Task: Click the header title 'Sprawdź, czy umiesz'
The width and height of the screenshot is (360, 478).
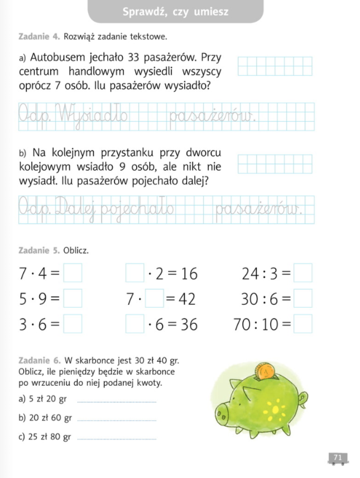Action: (x=175, y=12)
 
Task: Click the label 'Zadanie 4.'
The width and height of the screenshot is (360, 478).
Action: (x=39, y=37)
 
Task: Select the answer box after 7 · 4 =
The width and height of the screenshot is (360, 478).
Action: (x=73, y=274)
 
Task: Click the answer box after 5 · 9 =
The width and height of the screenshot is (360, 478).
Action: (x=73, y=299)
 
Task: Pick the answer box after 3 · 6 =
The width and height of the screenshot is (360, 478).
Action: (x=73, y=324)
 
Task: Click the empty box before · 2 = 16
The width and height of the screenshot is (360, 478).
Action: (x=135, y=274)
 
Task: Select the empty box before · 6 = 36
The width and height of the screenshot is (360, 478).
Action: (x=135, y=324)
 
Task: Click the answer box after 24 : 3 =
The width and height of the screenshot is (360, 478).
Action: (x=303, y=274)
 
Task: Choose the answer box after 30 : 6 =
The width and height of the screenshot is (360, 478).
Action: (x=303, y=299)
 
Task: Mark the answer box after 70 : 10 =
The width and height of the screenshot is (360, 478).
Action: (x=303, y=324)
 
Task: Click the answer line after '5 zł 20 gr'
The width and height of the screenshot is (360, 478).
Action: (x=116, y=401)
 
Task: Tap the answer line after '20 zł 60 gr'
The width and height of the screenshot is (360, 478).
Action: (x=116, y=420)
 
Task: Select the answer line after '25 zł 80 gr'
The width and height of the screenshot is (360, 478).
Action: (x=116, y=438)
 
